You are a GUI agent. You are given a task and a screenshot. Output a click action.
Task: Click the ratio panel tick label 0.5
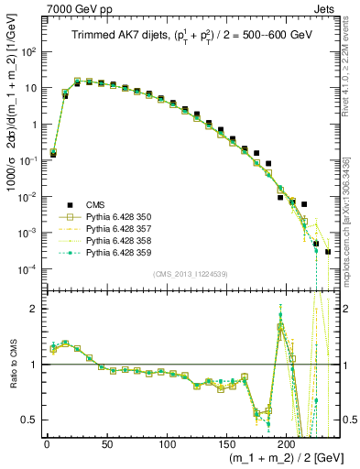coord(27,420)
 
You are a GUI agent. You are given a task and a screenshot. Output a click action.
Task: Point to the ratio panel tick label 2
coord(32,309)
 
